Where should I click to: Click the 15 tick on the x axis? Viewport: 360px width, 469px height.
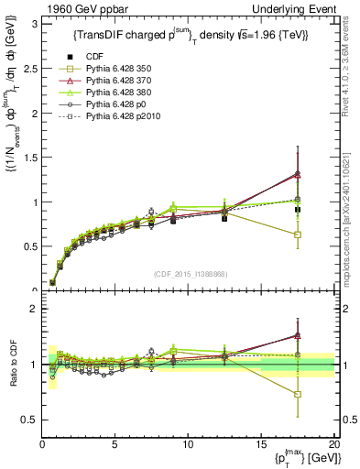point(260,444)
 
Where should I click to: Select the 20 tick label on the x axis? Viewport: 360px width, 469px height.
point(333,444)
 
